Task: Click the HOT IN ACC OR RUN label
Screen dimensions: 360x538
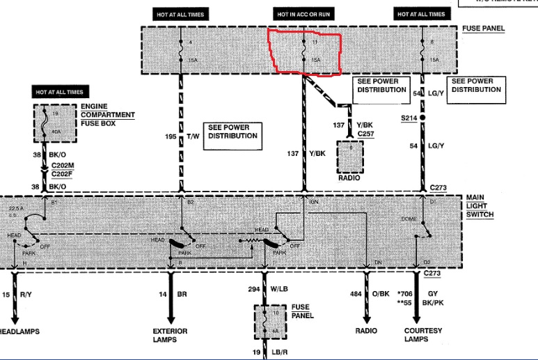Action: [x=303, y=14]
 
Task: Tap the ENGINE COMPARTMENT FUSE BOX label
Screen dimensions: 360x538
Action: [x=107, y=115]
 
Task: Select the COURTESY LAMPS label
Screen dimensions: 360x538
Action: [x=422, y=336]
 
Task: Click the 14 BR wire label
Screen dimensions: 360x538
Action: [x=172, y=295]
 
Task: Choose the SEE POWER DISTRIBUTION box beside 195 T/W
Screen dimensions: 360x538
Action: [x=233, y=132]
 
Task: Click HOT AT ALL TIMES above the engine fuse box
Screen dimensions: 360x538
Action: [x=60, y=92]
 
